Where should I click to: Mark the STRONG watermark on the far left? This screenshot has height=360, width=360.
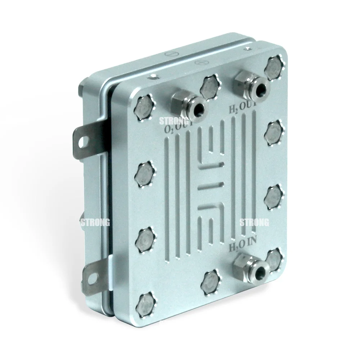pos(95,222)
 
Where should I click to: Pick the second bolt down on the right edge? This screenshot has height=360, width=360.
pos(274,132)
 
